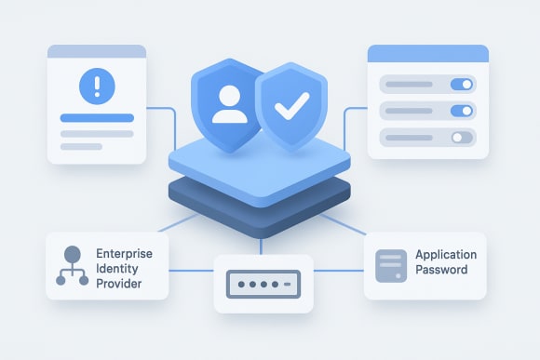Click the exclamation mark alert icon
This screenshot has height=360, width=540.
click(x=98, y=87)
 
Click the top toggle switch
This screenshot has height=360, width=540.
click(x=462, y=84)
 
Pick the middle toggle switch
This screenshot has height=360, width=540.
click(x=462, y=111)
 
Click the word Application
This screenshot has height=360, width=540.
click(x=446, y=254)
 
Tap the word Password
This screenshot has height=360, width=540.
click(x=441, y=270)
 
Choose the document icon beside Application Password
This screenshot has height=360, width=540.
click(x=388, y=264)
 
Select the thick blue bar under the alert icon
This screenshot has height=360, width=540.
click(x=98, y=118)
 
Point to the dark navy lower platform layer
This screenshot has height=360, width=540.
click(x=261, y=209)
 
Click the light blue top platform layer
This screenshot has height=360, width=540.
click(x=261, y=167)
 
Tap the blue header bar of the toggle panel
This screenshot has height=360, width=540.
click(x=428, y=53)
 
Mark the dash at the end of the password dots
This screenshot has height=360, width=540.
click(x=289, y=280)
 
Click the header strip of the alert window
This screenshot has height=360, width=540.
click(x=97, y=52)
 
